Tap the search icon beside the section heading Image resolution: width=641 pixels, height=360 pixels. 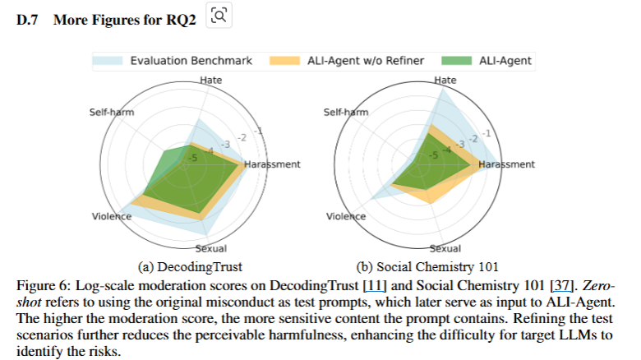click(x=218, y=16)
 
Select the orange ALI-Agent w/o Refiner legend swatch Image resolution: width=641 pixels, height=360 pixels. click(x=286, y=60)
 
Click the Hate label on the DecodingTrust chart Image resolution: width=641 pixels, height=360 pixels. click(x=210, y=80)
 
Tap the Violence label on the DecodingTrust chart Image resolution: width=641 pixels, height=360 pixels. click(x=112, y=216)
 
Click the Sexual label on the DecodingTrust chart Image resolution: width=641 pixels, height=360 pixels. click(x=211, y=248)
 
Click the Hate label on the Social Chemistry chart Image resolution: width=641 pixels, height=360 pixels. click(x=445, y=80)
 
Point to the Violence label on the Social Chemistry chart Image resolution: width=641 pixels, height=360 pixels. click(x=346, y=216)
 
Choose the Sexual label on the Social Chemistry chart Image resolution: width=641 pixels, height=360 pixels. click(x=445, y=248)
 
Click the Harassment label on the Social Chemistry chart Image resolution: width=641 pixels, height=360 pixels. click(x=506, y=164)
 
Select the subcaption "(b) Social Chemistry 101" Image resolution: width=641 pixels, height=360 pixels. click(x=427, y=266)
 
